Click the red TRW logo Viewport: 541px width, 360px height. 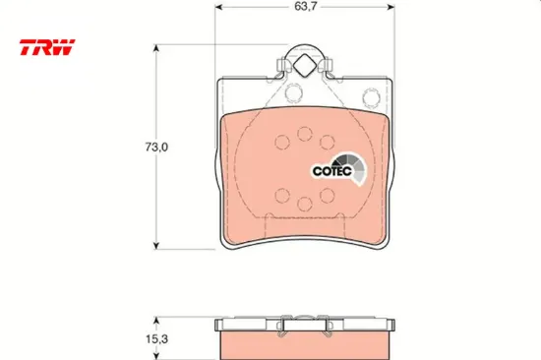click(47, 47)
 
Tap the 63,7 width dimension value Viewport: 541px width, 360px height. click(305, 7)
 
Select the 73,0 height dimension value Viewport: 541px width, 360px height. click(156, 147)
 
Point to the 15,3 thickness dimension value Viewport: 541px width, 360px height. click(156, 339)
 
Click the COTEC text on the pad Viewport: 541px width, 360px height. click(331, 171)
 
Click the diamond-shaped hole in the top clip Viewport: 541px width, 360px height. click(304, 66)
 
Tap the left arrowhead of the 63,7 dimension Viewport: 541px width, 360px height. click(218, 7)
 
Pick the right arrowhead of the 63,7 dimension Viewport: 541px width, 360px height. click(391, 7)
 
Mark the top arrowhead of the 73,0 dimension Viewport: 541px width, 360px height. click(156, 48)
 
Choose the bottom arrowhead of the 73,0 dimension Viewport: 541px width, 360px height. click(156, 245)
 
